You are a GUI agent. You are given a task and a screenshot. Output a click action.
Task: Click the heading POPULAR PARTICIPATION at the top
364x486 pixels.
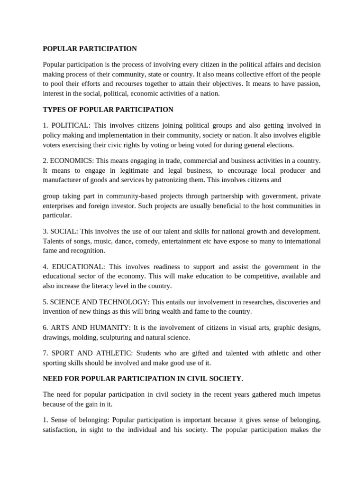pyautogui.click(x=90, y=49)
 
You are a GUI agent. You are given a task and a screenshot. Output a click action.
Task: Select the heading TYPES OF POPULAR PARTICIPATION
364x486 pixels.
pyautogui.click(x=108, y=110)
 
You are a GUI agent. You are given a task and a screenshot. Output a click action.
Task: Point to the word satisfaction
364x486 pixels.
pyautogui.click(x=59, y=430)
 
